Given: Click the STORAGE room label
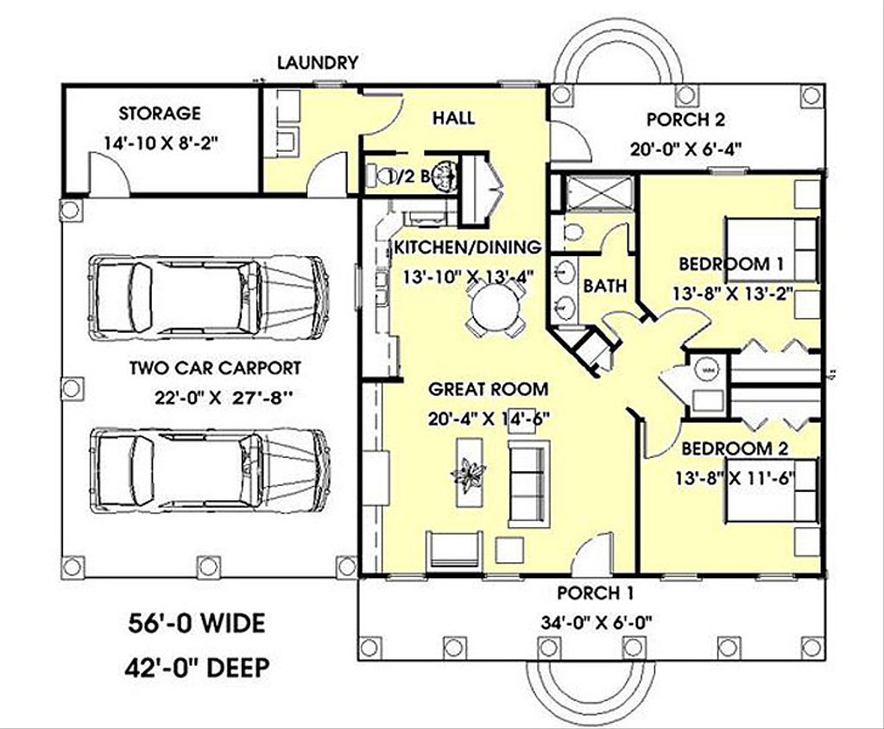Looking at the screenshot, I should (x=160, y=113).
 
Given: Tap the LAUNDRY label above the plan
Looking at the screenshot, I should (x=317, y=62).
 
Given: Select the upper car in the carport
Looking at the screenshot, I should (x=210, y=298).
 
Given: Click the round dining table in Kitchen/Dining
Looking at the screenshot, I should (x=495, y=304).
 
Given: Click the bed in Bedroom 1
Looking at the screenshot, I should (x=771, y=249).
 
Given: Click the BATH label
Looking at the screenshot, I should (x=605, y=286).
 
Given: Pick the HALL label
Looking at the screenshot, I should (x=453, y=118).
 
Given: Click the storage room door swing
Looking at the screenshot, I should (x=110, y=176).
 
